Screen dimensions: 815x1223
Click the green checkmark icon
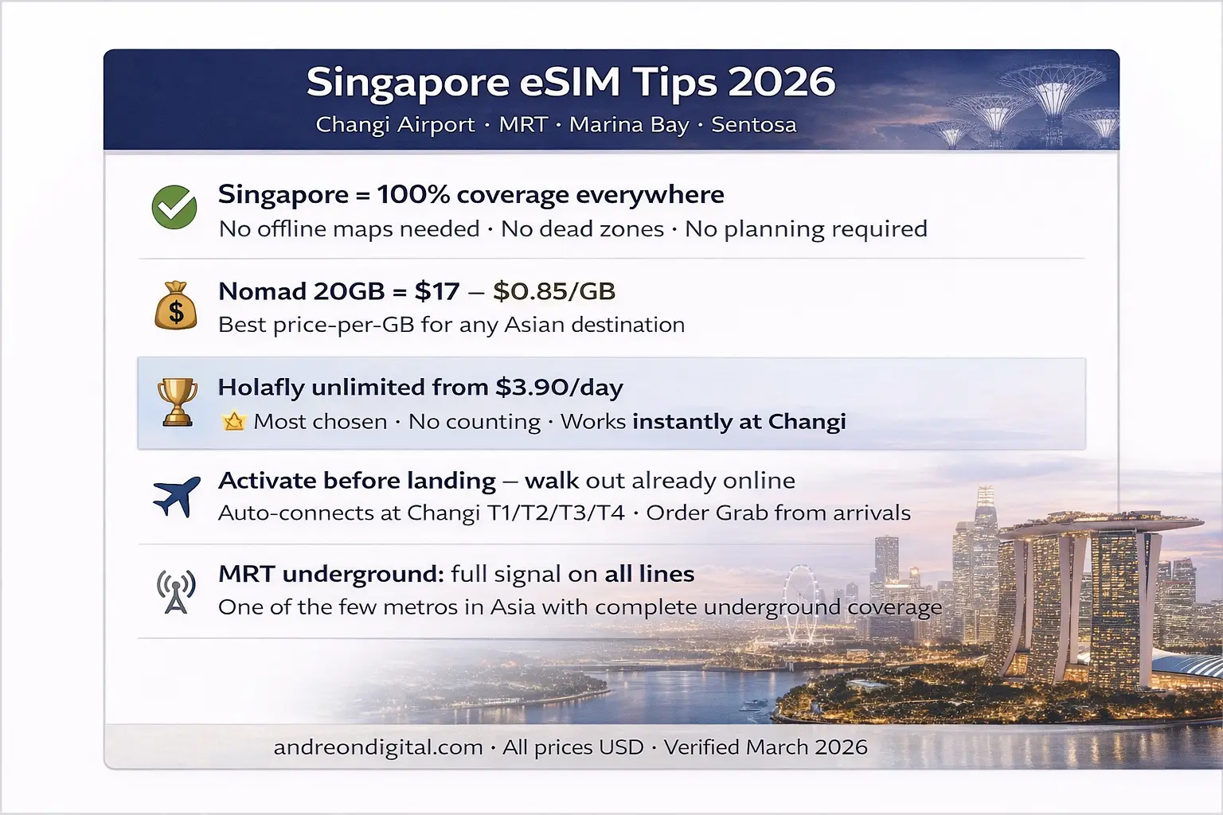click(x=174, y=208)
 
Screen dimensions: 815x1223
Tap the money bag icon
click(x=176, y=306)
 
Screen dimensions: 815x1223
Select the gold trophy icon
click(x=177, y=402)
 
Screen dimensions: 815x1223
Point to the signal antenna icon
click(x=176, y=591)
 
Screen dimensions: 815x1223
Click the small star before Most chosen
click(x=234, y=421)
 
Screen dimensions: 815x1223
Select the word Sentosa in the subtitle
click(x=753, y=125)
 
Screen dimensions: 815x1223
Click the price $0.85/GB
click(x=554, y=291)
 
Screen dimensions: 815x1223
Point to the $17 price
click(x=437, y=291)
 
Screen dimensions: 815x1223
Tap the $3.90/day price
click(x=559, y=388)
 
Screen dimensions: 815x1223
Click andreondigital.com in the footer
click(x=378, y=747)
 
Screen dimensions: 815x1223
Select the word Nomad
click(x=260, y=291)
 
